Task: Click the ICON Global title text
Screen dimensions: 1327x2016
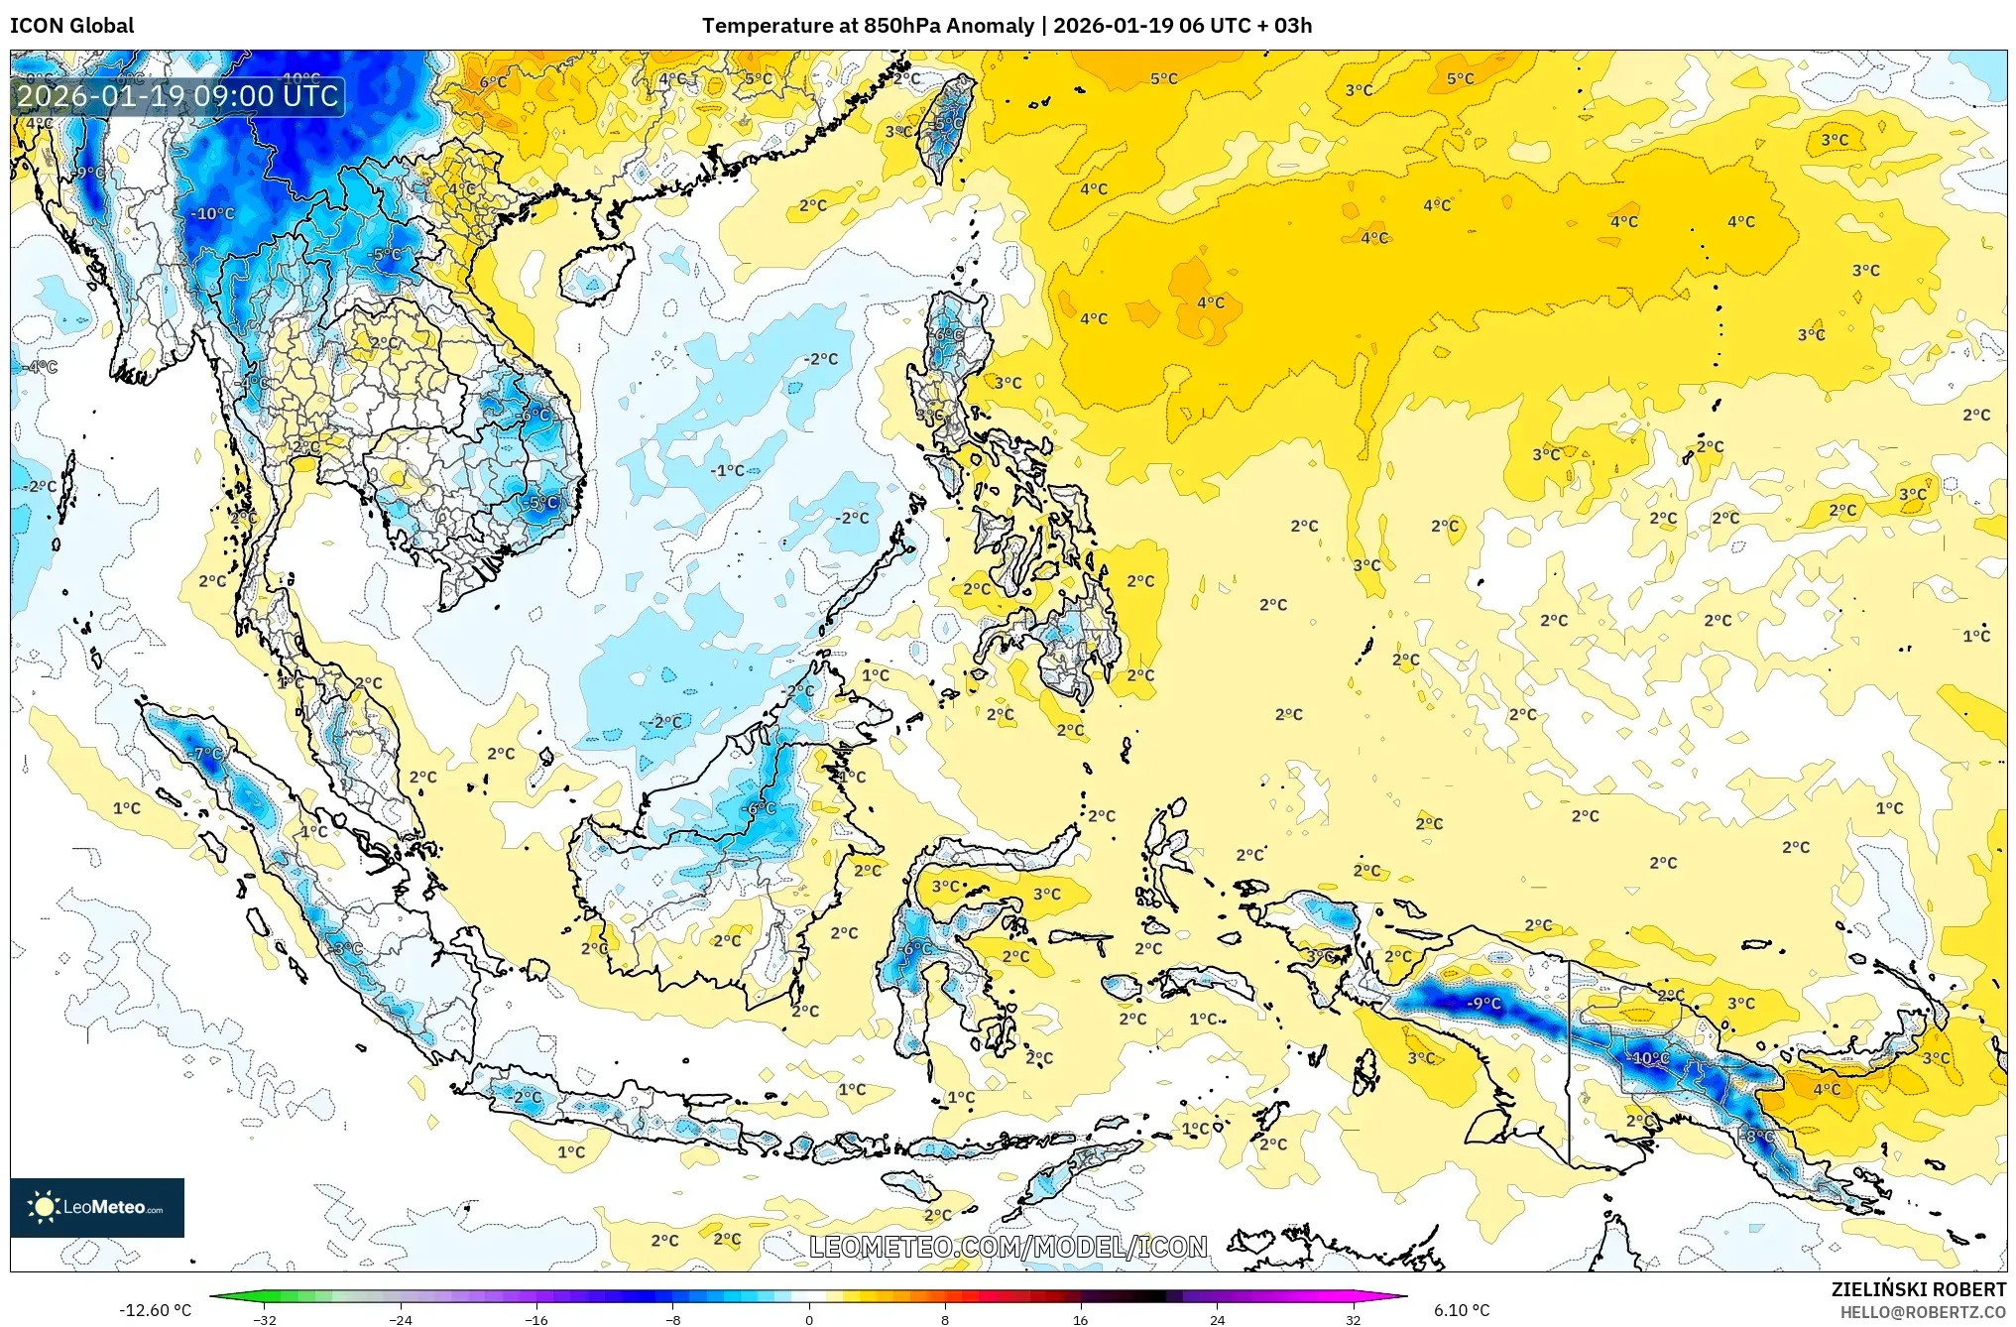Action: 71,26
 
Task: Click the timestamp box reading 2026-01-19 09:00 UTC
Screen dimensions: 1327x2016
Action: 178,96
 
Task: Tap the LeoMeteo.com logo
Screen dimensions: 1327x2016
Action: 97,1207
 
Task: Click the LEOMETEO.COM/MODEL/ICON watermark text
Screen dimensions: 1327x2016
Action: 1008,1247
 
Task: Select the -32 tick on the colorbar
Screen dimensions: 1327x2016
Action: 265,1319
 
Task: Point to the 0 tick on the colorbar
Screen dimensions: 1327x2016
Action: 809,1319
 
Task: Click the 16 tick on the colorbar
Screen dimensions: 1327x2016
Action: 1080,1319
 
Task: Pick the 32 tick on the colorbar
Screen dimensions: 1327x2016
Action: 1353,1319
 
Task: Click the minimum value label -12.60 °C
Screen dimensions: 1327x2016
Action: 155,1310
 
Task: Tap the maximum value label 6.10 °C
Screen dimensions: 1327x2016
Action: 1462,1310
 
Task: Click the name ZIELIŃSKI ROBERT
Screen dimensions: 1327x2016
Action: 1918,1289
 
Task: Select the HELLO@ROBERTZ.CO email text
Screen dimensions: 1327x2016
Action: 1923,1312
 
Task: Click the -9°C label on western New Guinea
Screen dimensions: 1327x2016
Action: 1483,1003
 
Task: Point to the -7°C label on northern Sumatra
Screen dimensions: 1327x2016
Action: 206,754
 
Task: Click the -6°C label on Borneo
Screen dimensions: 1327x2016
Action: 761,808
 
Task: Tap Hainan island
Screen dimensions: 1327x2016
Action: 596,273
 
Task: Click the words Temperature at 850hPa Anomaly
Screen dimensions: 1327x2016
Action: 868,26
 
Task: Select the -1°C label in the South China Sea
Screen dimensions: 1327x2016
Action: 728,470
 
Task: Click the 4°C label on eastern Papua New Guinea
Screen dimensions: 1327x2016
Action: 1827,1089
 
